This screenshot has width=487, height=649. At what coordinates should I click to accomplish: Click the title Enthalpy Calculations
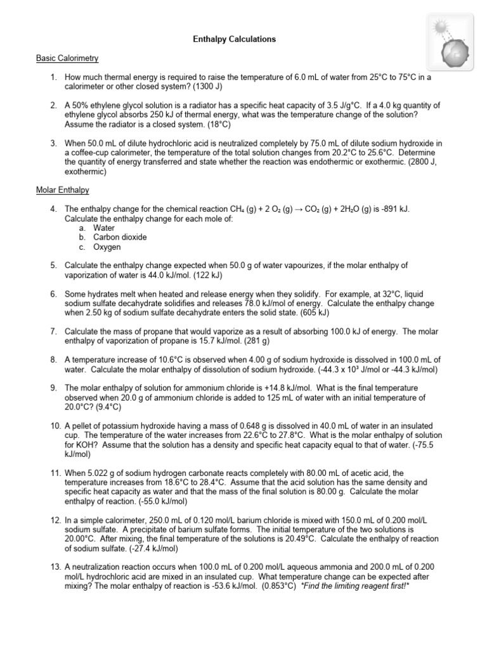pos(234,39)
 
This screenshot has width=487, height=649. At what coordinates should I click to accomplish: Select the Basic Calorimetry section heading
pos(67,58)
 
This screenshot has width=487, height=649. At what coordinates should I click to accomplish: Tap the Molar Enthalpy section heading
pos(62,190)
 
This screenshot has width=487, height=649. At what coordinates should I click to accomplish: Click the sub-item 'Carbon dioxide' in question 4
pos(120,237)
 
